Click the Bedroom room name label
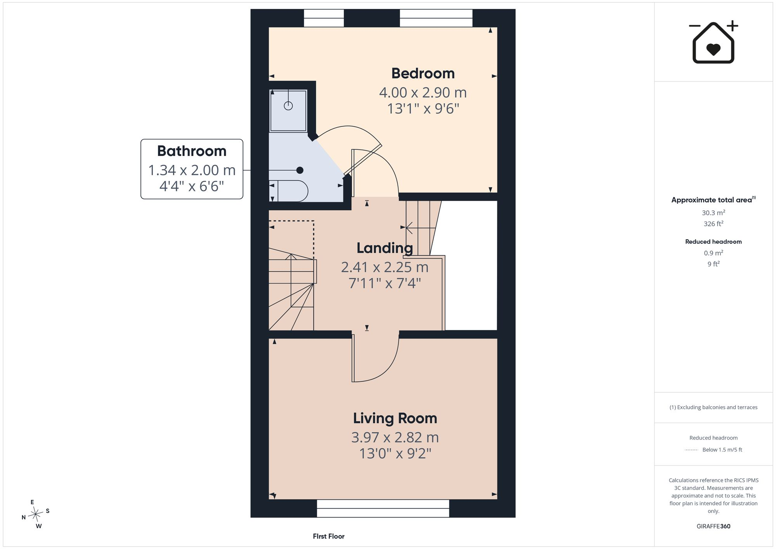point(423,73)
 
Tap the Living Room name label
point(395,418)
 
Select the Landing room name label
point(385,248)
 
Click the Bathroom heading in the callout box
point(192,151)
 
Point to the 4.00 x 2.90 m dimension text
point(423,93)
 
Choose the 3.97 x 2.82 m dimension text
point(395,438)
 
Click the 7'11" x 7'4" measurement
point(385,283)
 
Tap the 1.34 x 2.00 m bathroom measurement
point(192,170)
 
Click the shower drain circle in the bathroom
point(288,106)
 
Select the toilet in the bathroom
point(289,191)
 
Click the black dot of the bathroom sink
point(300,170)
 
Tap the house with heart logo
point(714,42)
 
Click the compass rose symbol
point(36,514)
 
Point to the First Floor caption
point(329,536)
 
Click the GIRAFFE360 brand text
point(714,526)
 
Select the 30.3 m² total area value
point(714,213)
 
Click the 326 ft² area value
point(714,223)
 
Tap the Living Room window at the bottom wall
point(383,508)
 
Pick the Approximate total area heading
point(714,200)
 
